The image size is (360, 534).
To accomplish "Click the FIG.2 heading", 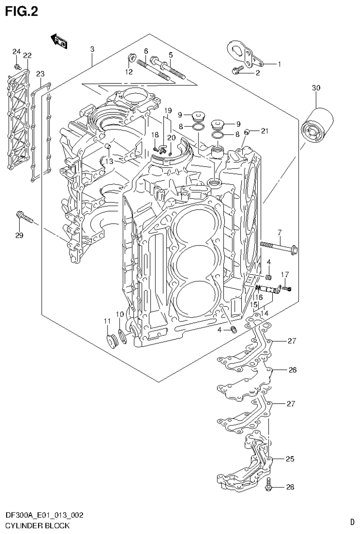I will pyautogui.click(x=22, y=11).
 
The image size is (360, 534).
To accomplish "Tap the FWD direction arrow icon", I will pyautogui.click(x=60, y=41).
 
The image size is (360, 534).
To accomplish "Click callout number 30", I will pyautogui.click(x=315, y=88).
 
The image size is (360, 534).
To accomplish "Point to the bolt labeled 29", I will pyautogui.click(x=23, y=217).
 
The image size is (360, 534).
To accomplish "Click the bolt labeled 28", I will pyautogui.click(x=269, y=486).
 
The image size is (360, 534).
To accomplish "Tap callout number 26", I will pyautogui.click(x=292, y=370).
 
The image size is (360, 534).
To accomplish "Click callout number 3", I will pyautogui.click(x=92, y=49).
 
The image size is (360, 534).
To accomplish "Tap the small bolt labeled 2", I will pyautogui.click(x=238, y=71).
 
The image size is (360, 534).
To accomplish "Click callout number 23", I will pyautogui.click(x=40, y=74).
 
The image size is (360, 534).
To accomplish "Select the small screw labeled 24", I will pyautogui.click(x=18, y=67).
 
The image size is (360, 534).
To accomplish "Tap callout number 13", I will pyautogui.click(x=109, y=161).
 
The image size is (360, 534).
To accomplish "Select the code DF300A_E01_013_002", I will pyautogui.click(x=44, y=516).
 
